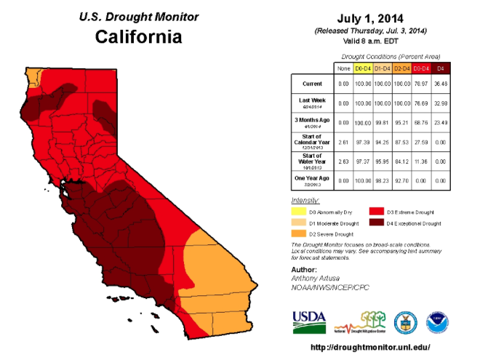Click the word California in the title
138,37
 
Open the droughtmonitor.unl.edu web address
370,348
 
